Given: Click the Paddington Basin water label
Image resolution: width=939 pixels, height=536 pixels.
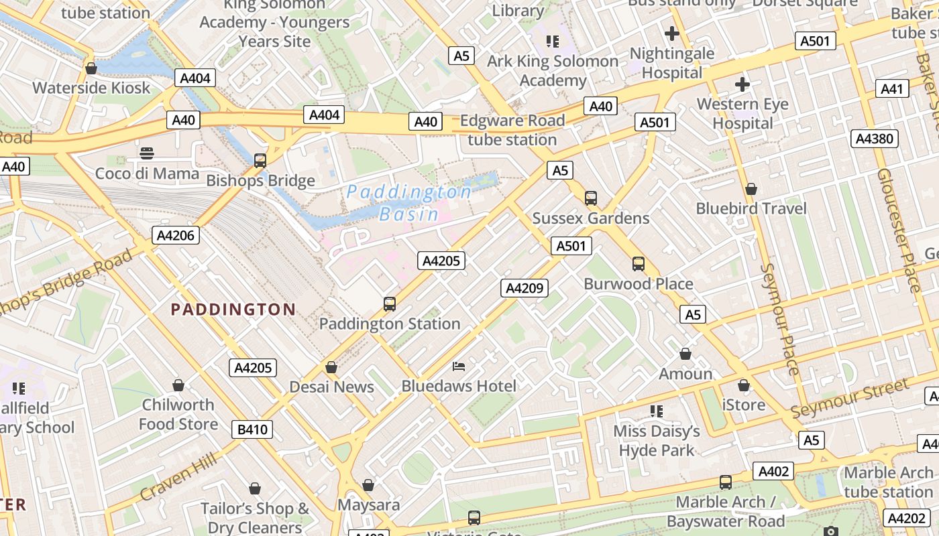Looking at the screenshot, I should click(x=408, y=203).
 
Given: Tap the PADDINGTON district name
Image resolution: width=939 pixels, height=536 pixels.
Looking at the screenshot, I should click(x=233, y=309).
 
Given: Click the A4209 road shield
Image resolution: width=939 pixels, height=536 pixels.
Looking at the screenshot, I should click(x=524, y=288).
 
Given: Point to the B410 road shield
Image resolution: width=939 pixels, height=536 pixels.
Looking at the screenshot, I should click(x=252, y=429).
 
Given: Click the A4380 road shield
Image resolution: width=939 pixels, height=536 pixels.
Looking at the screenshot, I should click(x=875, y=139).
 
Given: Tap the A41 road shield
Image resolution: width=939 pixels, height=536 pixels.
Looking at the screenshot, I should click(x=892, y=88).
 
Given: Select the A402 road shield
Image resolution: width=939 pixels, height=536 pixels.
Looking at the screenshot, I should click(x=773, y=472).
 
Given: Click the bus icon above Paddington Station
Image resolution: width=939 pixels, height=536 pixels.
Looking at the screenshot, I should click(x=390, y=304).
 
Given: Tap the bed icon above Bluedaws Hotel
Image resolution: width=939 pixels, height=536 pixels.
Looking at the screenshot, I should click(x=459, y=366).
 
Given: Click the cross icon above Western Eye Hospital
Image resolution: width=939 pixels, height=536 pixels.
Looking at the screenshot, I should click(x=742, y=84).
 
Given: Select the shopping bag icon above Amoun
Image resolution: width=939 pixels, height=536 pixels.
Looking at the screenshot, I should click(x=685, y=354).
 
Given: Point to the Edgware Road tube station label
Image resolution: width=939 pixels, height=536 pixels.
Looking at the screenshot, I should click(x=512, y=130).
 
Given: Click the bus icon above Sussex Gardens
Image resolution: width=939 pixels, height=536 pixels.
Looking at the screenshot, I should click(x=590, y=198).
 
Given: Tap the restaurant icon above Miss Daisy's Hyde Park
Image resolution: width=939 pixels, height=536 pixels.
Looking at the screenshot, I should click(x=656, y=411).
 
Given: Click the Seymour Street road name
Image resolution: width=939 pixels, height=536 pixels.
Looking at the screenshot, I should click(x=850, y=398).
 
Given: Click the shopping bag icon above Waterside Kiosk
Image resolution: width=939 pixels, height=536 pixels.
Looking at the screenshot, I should click(x=91, y=68).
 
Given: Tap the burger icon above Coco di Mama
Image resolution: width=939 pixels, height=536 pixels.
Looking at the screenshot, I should click(x=147, y=153).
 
